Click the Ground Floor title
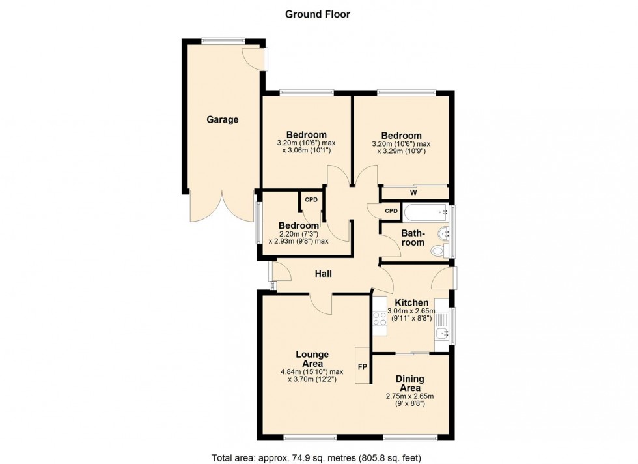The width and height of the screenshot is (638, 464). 318,14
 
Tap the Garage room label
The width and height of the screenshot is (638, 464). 223,119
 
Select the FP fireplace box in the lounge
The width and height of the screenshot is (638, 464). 362,367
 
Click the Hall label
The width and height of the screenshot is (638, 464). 324,274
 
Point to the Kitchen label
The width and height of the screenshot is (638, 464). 411,302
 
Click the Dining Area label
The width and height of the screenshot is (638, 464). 409,383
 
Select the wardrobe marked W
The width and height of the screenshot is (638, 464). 413,192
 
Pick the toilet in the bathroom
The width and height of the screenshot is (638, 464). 438,251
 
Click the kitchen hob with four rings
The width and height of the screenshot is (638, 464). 378,319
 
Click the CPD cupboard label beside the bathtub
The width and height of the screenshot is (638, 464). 391,211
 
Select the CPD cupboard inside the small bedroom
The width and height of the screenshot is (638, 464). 311,199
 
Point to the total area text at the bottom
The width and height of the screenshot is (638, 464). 318,456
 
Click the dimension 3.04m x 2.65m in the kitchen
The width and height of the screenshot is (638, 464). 411,312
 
